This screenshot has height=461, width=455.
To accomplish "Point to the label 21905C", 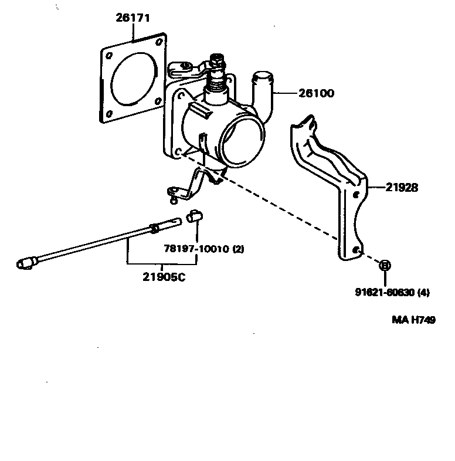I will click(164, 277).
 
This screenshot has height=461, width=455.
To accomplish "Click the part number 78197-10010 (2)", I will click(203, 249).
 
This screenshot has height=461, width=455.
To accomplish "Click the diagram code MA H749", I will click(413, 320).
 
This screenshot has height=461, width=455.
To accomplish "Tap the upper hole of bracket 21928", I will click(356, 196).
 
